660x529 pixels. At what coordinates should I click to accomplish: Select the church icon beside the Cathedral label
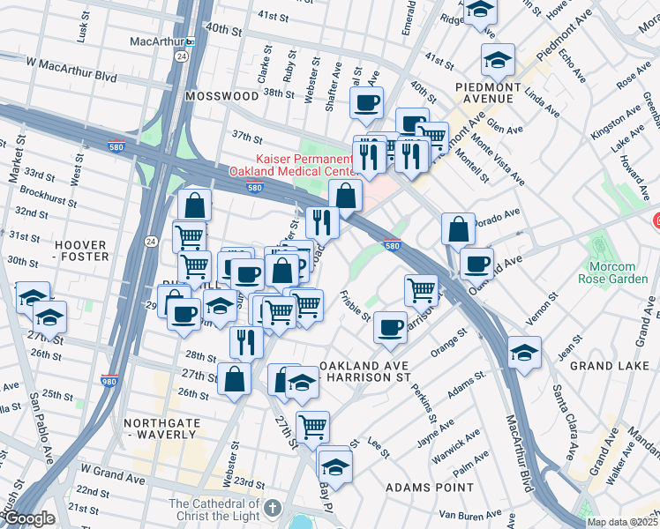pos(273,509)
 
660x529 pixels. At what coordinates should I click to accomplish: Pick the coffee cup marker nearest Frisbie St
pos(390,329)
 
